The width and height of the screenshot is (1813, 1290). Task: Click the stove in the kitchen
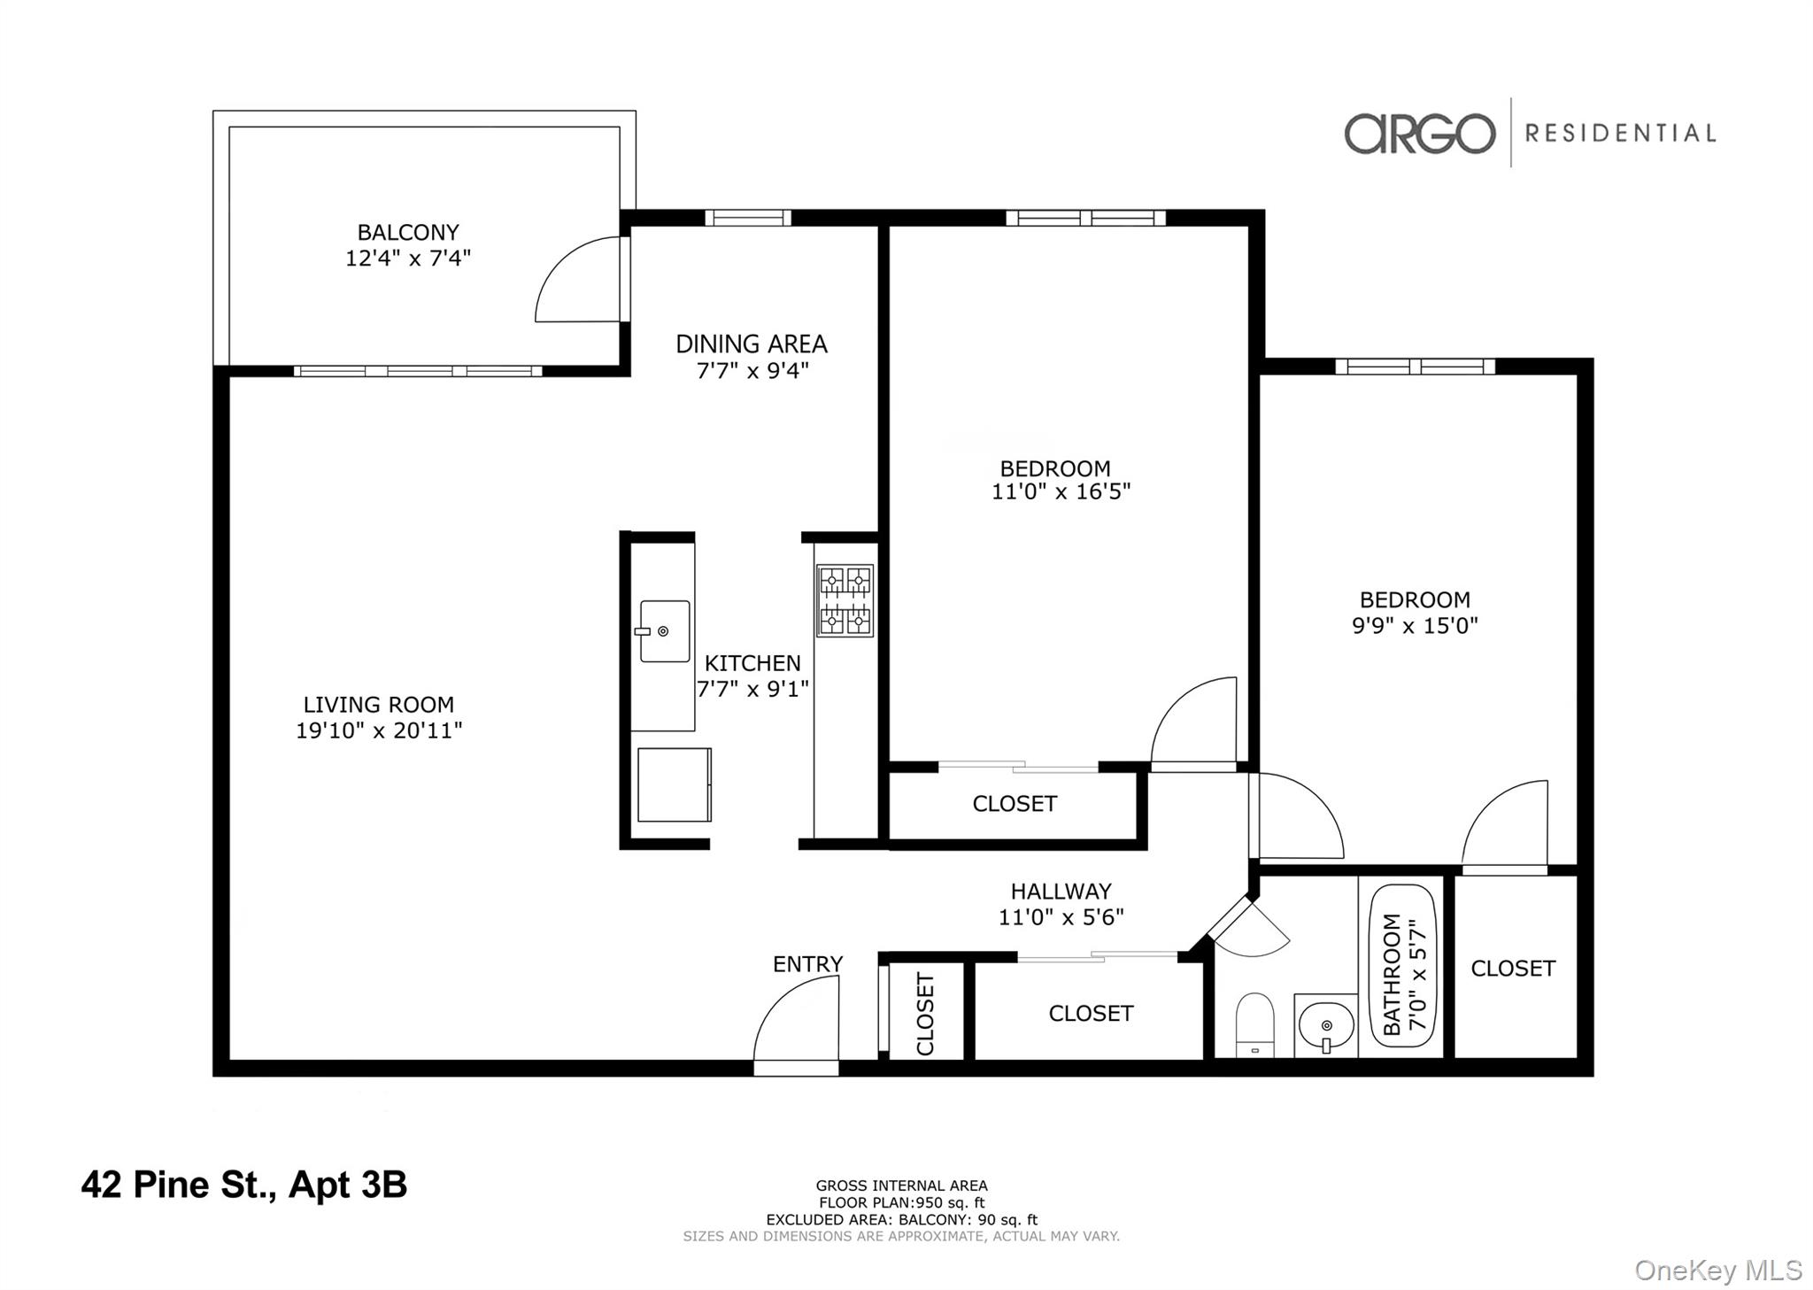click(x=845, y=600)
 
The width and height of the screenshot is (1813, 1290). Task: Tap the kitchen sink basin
click(x=664, y=630)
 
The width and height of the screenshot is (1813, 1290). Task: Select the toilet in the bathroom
click(x=1254, y=1025)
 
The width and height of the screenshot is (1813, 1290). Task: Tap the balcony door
click(x=577, y=279)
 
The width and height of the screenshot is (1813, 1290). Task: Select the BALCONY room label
click(x=408, y=232)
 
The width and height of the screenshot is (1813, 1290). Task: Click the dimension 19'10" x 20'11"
click(x=379, y=730)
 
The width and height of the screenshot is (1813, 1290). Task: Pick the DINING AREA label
click(x=751, y=344)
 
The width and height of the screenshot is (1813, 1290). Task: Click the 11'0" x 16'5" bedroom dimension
click(x=1061, y=491)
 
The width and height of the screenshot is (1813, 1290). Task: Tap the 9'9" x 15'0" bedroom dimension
click(x=1415, y=625)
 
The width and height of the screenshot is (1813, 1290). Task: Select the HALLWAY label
click(x=1061, y=891)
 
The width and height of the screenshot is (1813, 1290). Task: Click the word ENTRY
click(x=807, y=963)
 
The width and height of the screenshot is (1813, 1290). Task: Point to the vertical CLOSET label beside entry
click(x=925, y=1014)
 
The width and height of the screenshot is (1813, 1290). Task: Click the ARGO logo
click(x=1419, y=134)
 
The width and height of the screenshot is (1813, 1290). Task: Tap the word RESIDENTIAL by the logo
click(x=1620, y=134)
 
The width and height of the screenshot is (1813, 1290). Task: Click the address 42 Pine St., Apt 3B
click(x=243, y=1185)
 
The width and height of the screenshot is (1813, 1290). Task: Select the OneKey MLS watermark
click(x=1717, y=1270)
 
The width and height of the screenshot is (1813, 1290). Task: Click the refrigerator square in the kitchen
click(x=673, y=784)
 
